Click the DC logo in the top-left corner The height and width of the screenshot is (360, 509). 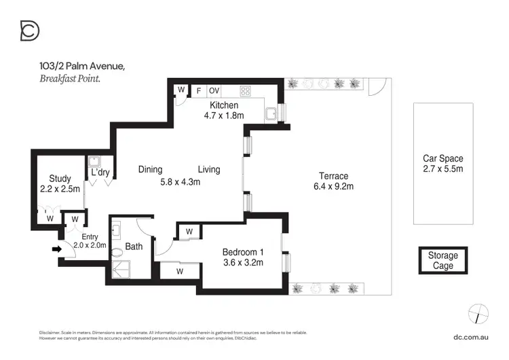click(30, 31)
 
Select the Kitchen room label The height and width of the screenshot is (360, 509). click(223, 105)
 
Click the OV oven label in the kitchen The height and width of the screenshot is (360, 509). click(214, 90)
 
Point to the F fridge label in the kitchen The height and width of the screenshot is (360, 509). click(198, 90)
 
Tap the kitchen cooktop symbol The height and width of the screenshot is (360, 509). click(245, 90)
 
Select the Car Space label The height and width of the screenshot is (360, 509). click(442, 158)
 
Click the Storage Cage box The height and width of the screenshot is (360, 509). click(442, 260)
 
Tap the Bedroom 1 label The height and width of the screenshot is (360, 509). click(243, 252)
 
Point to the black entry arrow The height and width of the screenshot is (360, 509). click(56, 249)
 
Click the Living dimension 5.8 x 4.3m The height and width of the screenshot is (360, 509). click(181, 182)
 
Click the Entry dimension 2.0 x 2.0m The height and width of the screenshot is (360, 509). click(90, 245)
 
